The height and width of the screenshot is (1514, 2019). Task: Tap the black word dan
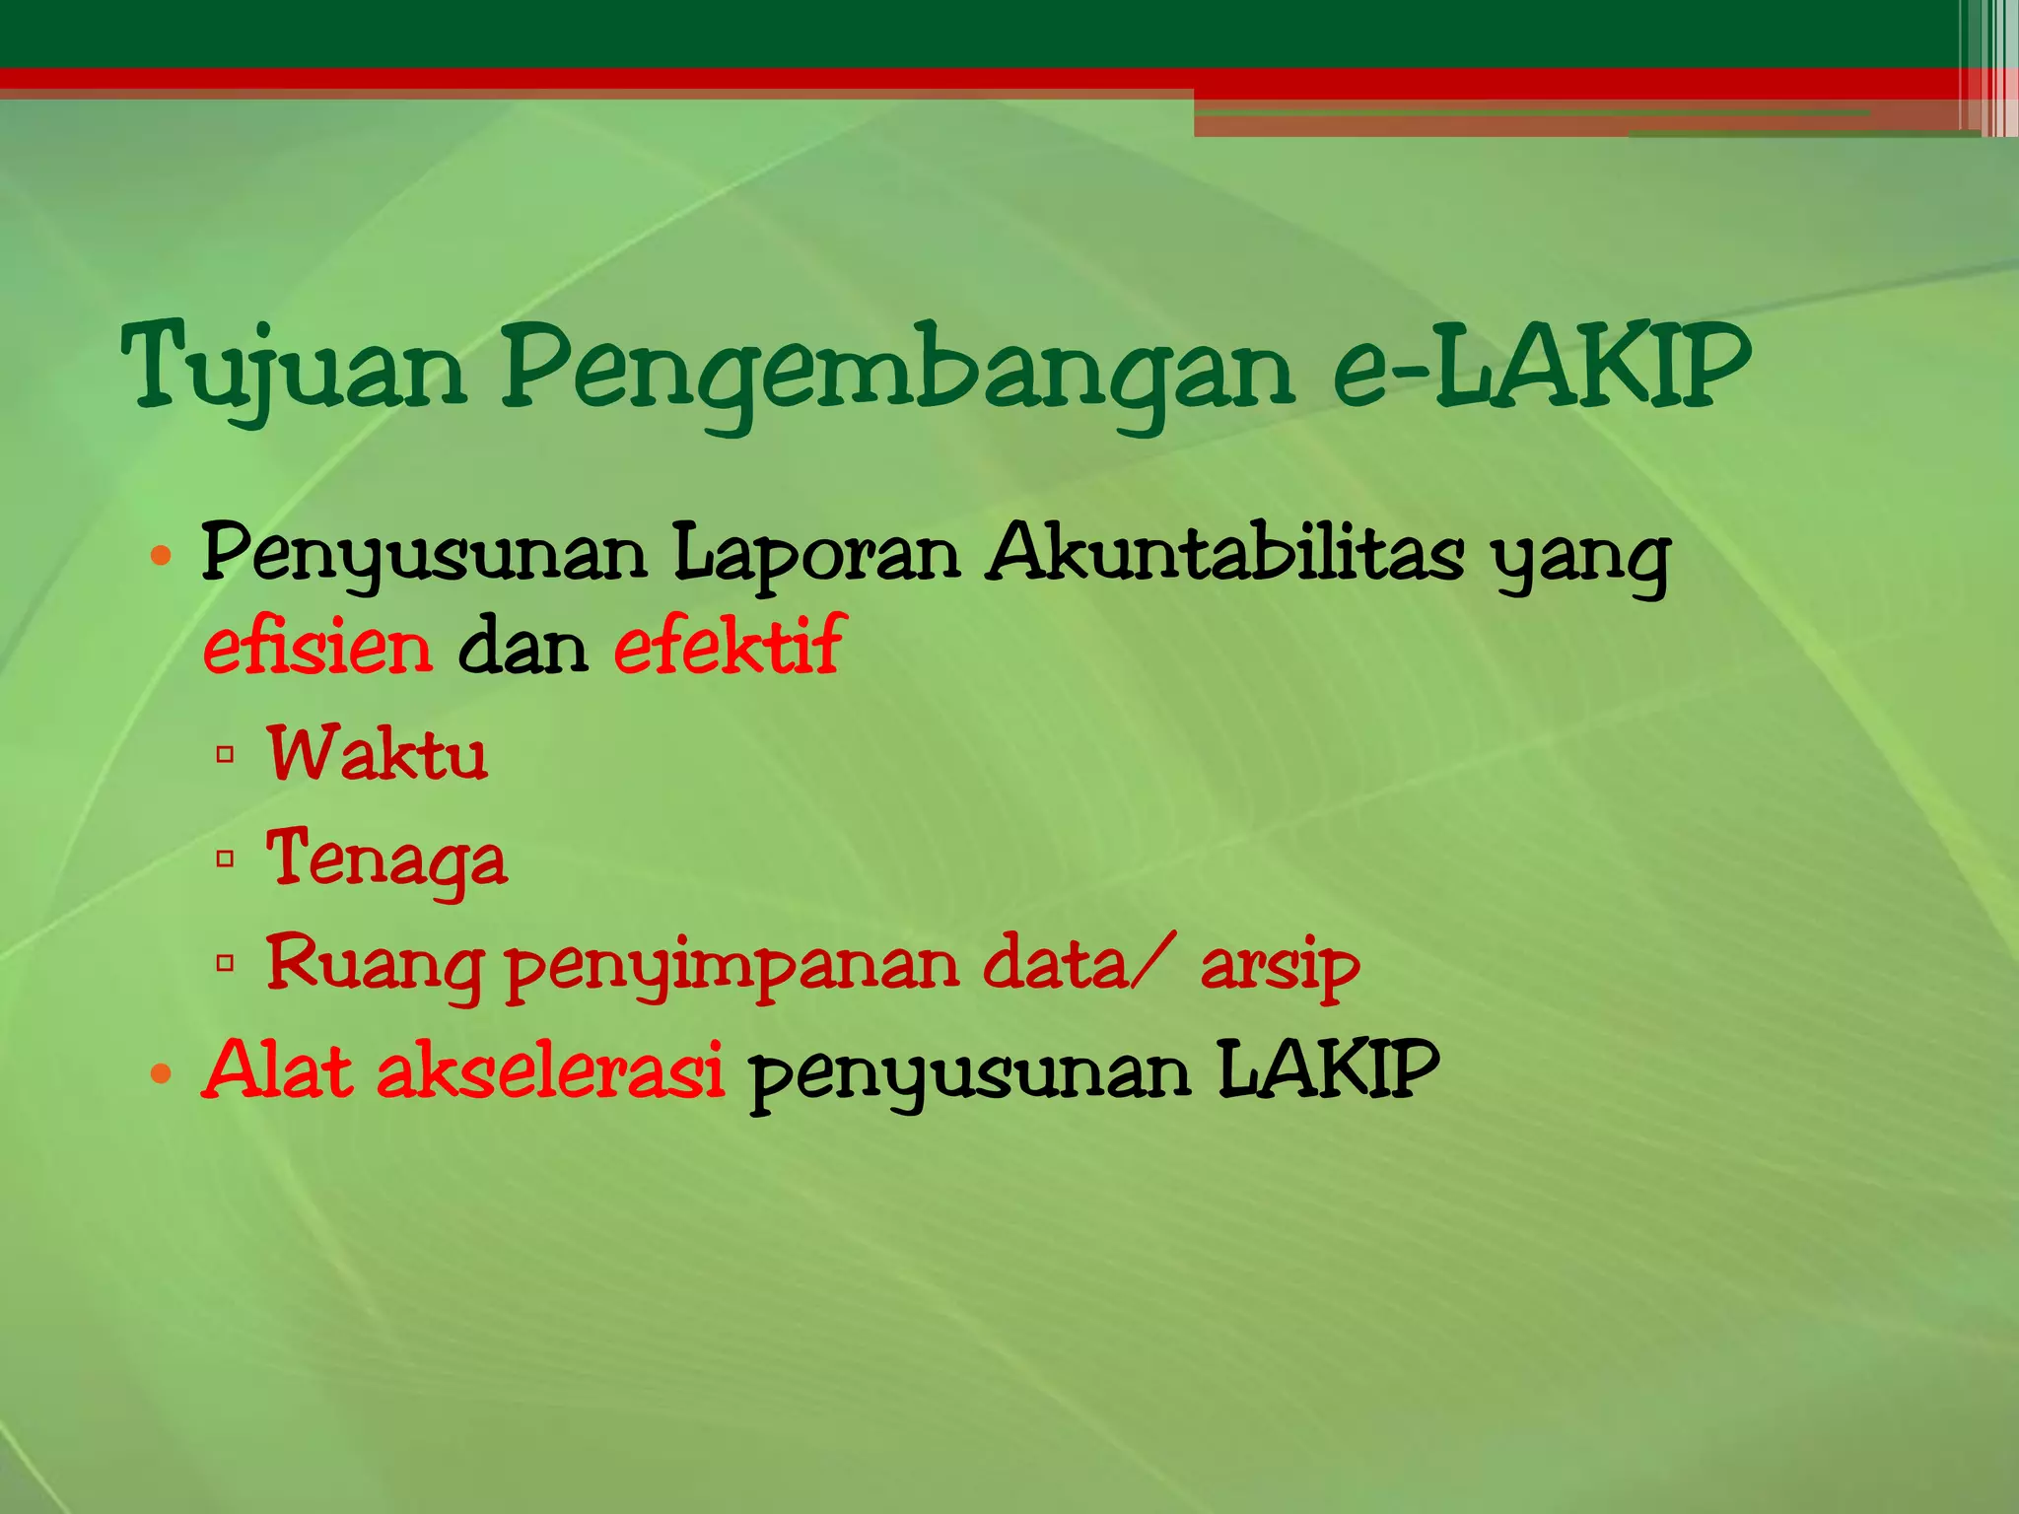click(522, 648)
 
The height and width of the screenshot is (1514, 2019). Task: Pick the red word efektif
click(729, 646)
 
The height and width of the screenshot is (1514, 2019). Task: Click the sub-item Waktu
click(378, 754)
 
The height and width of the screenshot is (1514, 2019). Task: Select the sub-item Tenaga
click(386, 860)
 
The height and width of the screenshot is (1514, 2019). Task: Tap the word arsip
click(1280, 966)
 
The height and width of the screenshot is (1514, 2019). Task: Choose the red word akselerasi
click(551, 1071)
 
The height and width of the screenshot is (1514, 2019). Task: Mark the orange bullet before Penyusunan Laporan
click(162, 558)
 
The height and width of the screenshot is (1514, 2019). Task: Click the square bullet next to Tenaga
click(225, 859)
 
